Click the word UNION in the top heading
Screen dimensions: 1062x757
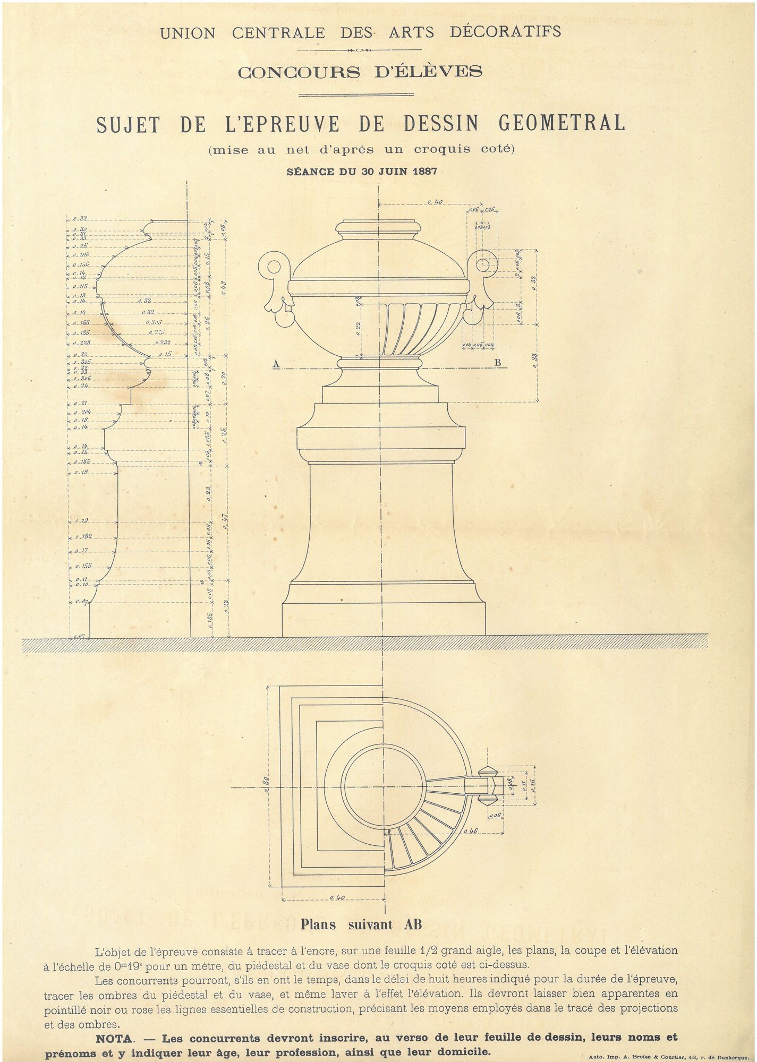tap(188, 33)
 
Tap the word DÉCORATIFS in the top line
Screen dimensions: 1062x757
tap(505, 32)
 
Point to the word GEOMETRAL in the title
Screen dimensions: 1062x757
tap(562, 123)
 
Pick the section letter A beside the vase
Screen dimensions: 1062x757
tap(276, 364)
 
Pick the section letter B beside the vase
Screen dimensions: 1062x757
tap(498, 364)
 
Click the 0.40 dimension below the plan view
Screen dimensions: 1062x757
tap(337, 897)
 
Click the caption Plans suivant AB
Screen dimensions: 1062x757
tap(361, 924)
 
